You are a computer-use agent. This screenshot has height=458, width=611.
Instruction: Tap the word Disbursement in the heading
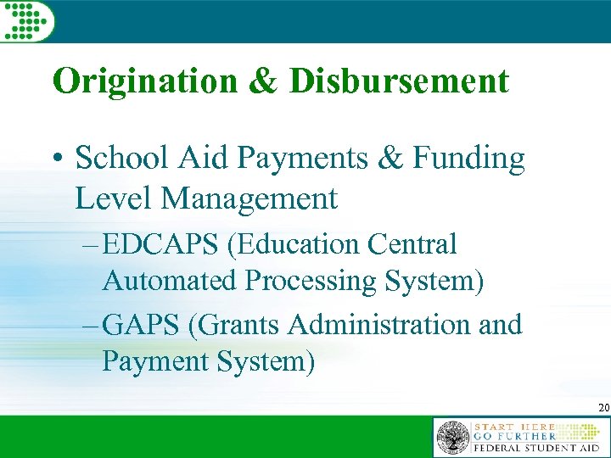pyautogui.click(x=399, y=81)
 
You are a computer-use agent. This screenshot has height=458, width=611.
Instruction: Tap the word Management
pyautogui.click(x=249, y=200)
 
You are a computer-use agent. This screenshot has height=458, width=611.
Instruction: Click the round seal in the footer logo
pyautogui.click(x=452, y=438)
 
